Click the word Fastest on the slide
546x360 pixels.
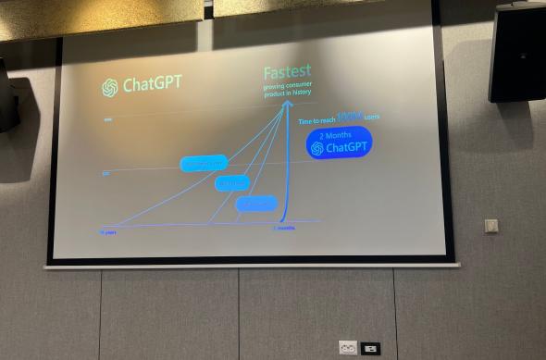(287, 72)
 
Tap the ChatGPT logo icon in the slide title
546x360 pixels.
(110, 87)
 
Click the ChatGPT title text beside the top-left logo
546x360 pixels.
(153, 84)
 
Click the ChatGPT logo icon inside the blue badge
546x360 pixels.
(317, 149)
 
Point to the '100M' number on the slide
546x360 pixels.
(350, 117)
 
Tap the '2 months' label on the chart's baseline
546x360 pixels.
(284, 228)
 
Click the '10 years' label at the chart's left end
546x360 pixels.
(108, 231)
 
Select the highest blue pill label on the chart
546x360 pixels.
(204, 164)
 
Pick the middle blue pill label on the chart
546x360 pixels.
(231, 183)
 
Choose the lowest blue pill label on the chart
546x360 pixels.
(256, 204)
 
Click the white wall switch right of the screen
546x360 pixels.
(491, 226)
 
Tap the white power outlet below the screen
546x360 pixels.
(348, 348)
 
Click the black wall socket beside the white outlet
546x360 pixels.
(370, 348)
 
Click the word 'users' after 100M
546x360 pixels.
(372, 118)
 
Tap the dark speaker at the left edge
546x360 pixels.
(6, 96)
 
